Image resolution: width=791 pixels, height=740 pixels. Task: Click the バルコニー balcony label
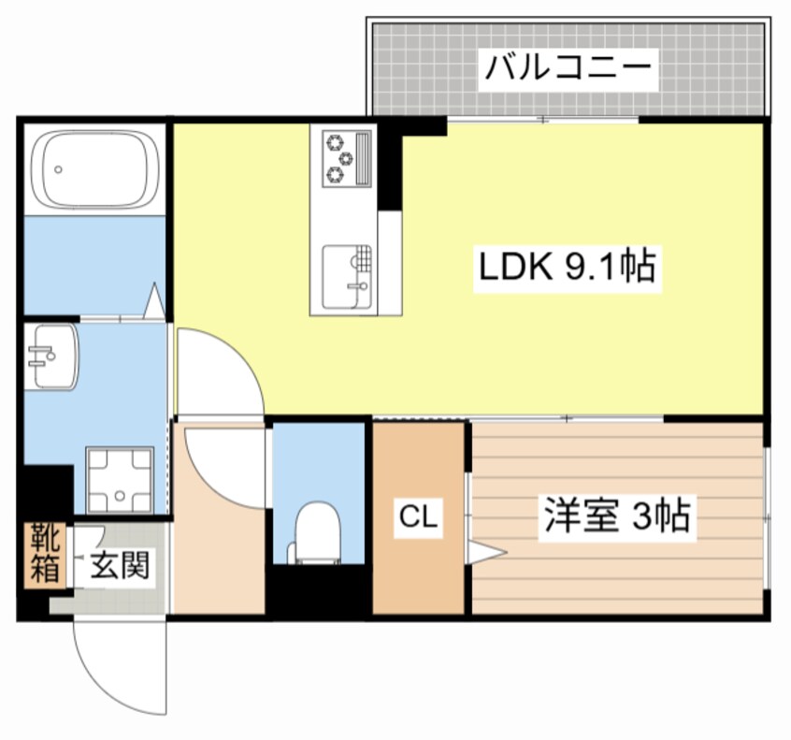pos(567,68)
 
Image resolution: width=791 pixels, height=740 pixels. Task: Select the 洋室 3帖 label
pos(617,515)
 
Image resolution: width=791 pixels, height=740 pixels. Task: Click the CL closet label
pos(418,517)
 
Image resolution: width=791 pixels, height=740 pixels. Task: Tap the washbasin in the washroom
pos(50,356)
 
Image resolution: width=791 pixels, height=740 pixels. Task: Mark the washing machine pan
pos(120,478)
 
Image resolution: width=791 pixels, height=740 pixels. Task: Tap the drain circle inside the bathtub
pos(59,170)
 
